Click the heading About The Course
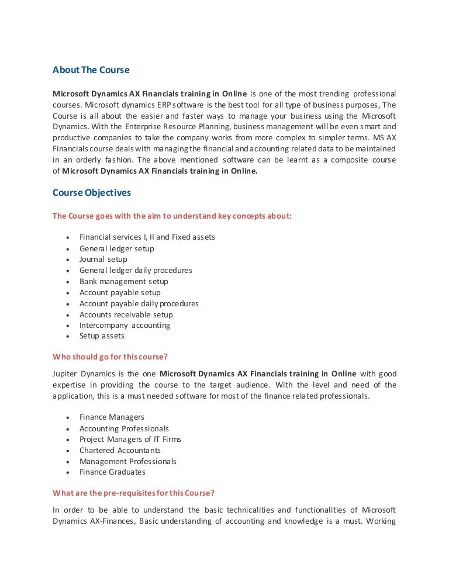click(91, 70)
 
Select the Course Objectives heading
click(92, 193)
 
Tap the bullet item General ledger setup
click(116, 248)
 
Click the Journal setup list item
click(103, 260)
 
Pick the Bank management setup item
click(123, 281)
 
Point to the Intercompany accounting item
click(125, 325)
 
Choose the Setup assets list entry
click(102, 336)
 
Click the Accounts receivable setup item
click(126, 314)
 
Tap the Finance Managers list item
click(112, 417)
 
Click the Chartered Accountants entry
click(120, 450)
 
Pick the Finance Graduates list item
click(112, 472)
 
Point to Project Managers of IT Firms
click(130, 439)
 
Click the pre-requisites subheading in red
click(137, 492)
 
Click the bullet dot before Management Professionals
click(68, 462)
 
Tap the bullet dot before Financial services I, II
click(68, 238)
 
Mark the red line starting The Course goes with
click(172, 216)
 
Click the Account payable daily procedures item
click(139, 303)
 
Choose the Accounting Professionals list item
click(124, 428)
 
